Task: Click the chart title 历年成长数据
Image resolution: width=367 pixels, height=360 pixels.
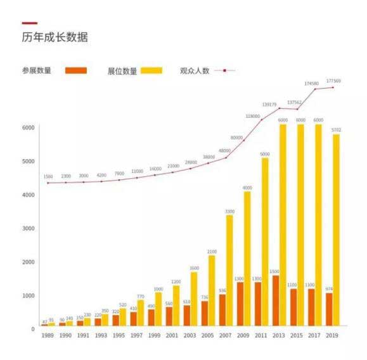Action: tap(55, 37)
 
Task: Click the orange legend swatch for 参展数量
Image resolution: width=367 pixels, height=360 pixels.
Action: tap(75, 70)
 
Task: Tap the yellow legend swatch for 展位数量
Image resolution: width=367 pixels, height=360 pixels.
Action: tap(151, 70)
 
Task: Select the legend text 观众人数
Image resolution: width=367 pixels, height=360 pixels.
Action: tap(195, 70)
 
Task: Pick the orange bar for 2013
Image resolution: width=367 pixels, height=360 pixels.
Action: tap(275, 300)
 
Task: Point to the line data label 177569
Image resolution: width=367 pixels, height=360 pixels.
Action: tap(333, 81)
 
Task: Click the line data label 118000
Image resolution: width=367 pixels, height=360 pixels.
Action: tap(254, 117)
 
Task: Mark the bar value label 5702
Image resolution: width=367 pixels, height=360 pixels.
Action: tap(335, 129)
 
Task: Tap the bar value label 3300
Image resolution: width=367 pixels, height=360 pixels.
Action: tap(229, 211)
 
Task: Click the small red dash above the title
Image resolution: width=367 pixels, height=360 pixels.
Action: tap(29, 23)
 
